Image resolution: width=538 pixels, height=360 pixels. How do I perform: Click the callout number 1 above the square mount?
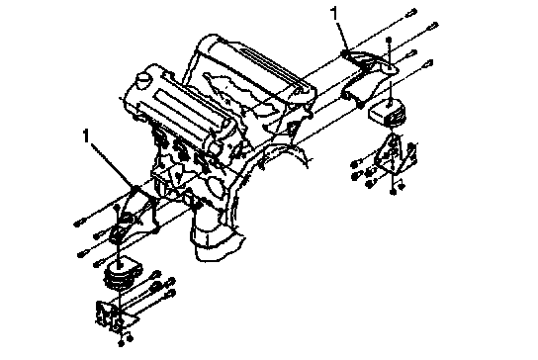tap(334, 14)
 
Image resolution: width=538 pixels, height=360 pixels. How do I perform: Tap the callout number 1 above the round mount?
tap(86, 135)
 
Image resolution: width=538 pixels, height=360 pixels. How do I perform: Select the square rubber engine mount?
tap(388, 112)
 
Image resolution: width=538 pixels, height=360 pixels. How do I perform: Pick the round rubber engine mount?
tap(122, 274)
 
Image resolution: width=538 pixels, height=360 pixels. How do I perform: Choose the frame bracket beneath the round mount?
tap(113, 316)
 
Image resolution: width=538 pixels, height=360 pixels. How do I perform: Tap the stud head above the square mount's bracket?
tap(389, 40)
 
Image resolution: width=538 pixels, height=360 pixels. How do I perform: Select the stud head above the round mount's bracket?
tap(117, 207)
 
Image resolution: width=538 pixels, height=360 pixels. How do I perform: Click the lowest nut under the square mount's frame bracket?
tap(394, 193)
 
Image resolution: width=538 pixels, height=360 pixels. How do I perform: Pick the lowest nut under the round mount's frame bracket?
tap(121, 343)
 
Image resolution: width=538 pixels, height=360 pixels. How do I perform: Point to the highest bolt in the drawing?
tap(410, 13)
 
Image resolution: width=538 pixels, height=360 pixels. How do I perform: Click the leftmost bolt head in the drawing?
tap(77, 224)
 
